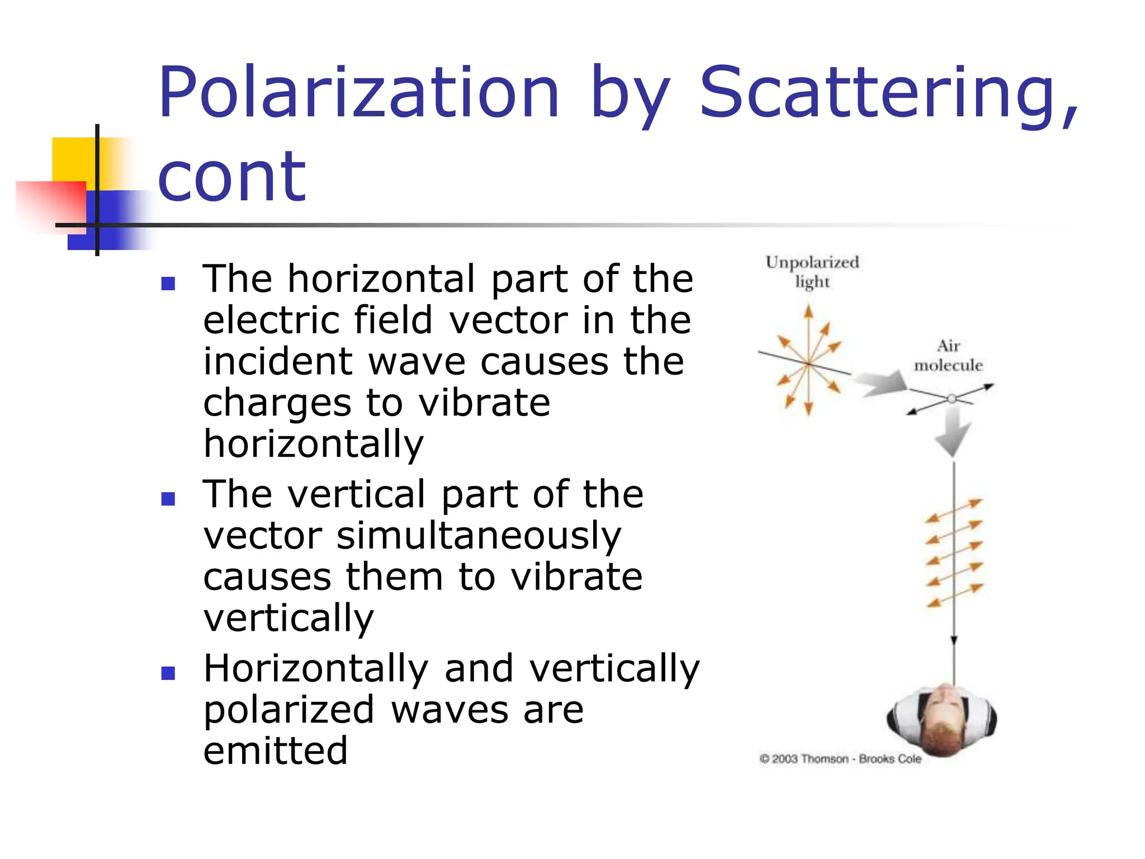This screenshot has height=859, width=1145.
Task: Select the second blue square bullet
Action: (168, 498)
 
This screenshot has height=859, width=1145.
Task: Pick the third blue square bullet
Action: (168, 673)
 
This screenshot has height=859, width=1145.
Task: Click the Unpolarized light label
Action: (812, 272)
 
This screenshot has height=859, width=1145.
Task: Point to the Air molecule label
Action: (948, 356)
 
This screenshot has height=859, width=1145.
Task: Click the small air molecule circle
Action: (952, 399)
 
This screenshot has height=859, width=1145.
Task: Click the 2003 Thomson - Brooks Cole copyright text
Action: (840, 759)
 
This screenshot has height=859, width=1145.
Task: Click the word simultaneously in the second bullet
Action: (479, 536)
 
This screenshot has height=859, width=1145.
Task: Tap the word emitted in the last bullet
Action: (275, 751)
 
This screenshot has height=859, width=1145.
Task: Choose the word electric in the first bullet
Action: (271, 320)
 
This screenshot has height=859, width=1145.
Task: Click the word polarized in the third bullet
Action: (288, 710)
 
